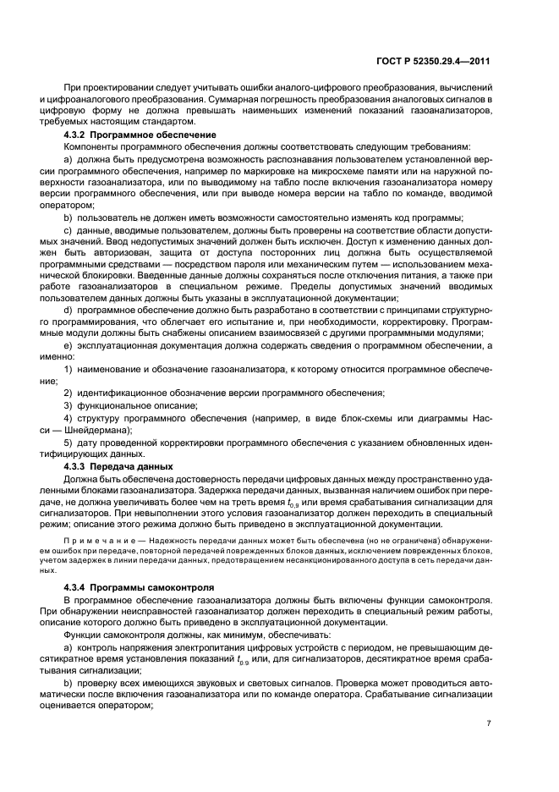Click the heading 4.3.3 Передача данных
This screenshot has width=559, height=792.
coord(118,466)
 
